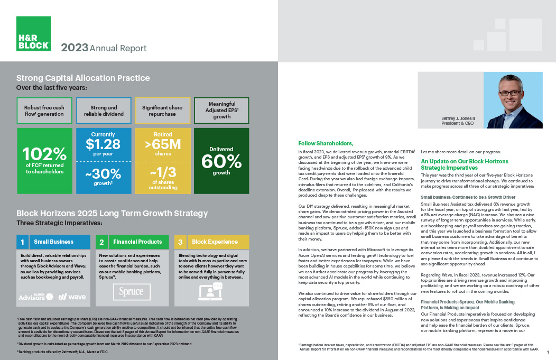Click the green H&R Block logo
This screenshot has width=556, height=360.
[x=34, y=33]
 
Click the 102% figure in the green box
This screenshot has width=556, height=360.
[x=44, y=154]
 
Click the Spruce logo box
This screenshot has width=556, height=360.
[x=132, y=291]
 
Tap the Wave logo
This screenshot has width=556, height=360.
[x=72, y=297]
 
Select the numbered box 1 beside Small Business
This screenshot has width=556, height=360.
[x=23, y=242]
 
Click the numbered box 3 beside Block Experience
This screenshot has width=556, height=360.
[x=181, y=242]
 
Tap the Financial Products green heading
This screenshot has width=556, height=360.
[x=137, y=242]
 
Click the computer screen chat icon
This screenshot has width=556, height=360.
[x=210, y=291]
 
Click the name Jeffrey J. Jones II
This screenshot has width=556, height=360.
[x=456, y=118]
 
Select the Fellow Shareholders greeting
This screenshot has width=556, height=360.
[x=326, y=143]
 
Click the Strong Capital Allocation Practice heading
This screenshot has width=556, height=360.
[x=83, y=78]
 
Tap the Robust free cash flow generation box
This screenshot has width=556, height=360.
[x=44, y=110]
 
